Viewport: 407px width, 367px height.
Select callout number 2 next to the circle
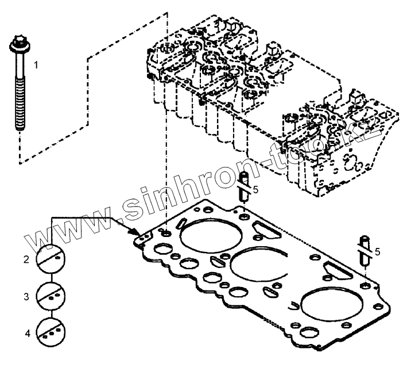tap(26, 260)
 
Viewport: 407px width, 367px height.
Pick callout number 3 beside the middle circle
tap(26, 297)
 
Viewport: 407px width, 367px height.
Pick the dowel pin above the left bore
tap(243, 187)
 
